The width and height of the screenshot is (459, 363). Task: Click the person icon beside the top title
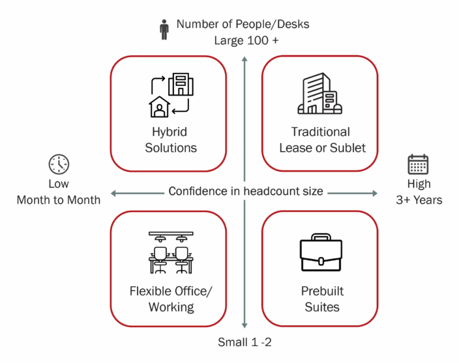164,29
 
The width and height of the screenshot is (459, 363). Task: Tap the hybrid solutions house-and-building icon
171,96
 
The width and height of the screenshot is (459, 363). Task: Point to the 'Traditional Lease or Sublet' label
322,140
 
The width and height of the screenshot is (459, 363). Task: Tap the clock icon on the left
59,164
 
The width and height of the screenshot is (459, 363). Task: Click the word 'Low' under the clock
59,184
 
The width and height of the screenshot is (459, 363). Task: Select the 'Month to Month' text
59,200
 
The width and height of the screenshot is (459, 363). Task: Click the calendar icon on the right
418,164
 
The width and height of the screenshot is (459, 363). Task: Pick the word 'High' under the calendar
419,184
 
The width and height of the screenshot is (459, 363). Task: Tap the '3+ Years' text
419,200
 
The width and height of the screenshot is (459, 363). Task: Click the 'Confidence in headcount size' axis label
246,191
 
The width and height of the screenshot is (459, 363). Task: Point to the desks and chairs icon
171,252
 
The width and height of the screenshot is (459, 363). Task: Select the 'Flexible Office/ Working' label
171,299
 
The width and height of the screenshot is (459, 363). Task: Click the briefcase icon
321,253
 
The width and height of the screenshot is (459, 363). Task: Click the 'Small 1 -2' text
244,342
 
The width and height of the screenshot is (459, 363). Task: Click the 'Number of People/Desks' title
243,25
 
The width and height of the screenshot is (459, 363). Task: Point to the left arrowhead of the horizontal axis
113,193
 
